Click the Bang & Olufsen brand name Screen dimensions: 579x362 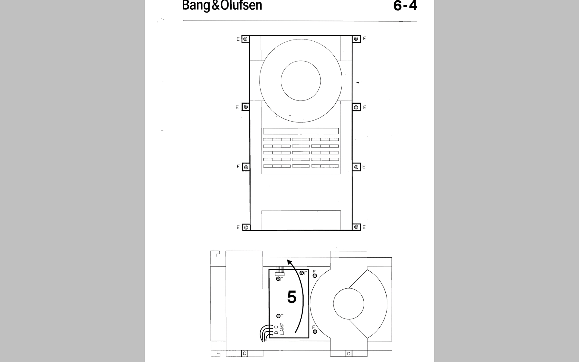[x=222, y=6]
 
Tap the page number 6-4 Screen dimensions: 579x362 [x=405, y=6]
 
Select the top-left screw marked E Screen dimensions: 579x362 [x=245, y=39]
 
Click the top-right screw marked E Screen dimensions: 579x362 [x=356, y=39]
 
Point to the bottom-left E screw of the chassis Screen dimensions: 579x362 [x=246, y=227]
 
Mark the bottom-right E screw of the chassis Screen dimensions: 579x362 [x=356, y=227]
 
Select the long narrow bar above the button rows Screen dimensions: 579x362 [x=301, y=131]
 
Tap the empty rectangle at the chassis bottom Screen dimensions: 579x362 [x=301, y=220]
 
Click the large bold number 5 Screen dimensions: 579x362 [x=292, y=297]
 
